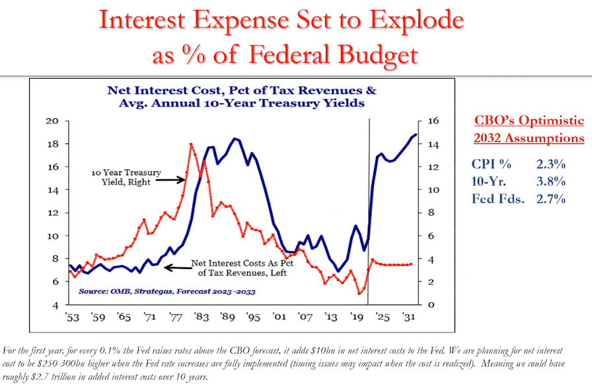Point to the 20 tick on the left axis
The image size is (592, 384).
[x=52, y=121]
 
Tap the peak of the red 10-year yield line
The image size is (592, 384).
[x=191, y=143]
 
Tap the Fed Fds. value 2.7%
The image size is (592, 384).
[x=551, y=199]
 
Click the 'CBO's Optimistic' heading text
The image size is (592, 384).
[x=529, y=121]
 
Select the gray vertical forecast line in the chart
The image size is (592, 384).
[x=368, y=211]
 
